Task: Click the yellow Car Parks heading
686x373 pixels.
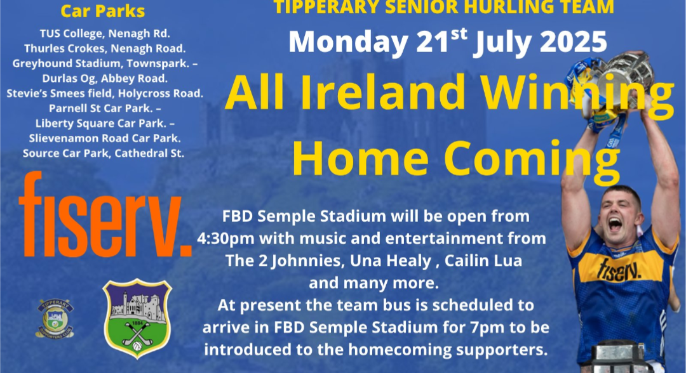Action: [103, 11]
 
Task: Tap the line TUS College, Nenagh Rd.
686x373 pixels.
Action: [105, 34]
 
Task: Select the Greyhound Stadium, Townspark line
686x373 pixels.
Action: [105, 64]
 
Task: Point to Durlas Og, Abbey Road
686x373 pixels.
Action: [105, 79]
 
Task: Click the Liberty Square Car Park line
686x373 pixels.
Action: [105, 124]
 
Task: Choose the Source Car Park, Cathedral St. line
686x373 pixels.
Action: [104, 154]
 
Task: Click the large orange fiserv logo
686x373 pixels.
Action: [105, 214]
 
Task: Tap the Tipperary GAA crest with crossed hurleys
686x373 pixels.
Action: [137, 318]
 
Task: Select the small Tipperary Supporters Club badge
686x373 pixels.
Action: [55, 318]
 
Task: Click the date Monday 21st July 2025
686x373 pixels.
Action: [448, 41]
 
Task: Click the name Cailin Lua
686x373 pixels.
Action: [483, 261]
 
